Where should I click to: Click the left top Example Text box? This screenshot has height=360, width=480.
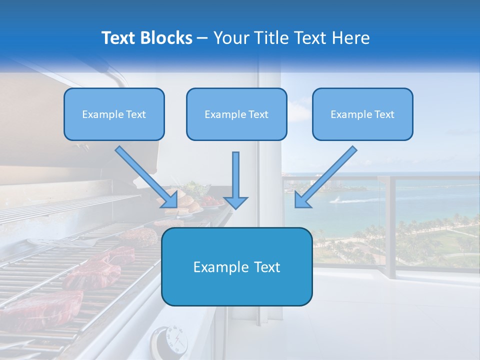click(x=114, y=114)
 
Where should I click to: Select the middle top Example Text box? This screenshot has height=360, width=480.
click(x=236, y=114)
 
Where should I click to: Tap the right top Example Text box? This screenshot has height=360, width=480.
click(x=362, y=114)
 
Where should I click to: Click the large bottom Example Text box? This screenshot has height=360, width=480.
click(x=236, y=266)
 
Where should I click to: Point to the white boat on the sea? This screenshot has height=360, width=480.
click(x=337, y=200)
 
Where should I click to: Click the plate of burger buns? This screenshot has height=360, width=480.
click(x=185, y=203)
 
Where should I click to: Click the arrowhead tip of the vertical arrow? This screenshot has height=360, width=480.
click(x=236, y=207)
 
